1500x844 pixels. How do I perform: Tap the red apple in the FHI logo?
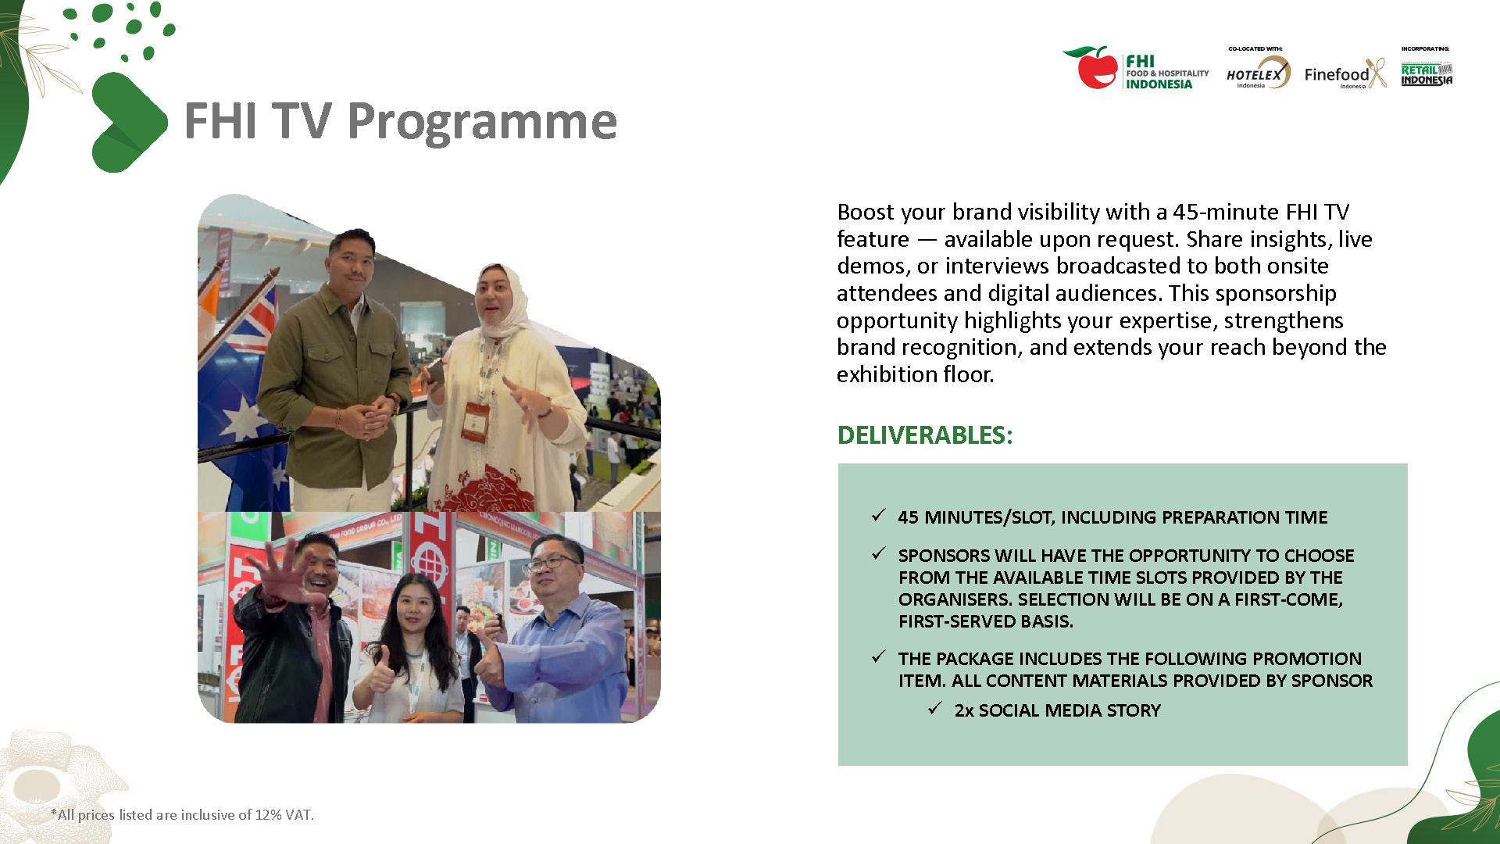click(x=1096, y=68)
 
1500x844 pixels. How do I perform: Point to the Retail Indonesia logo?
click(x=1427, y=74)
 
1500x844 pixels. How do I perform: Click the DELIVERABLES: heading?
click(x=924, y=435)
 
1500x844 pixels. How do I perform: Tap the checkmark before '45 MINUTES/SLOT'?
click(x=879, y=516)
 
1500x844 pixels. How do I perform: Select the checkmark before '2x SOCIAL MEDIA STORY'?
click(x=935, y=709)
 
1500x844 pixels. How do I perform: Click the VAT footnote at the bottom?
click(x=182, y=814)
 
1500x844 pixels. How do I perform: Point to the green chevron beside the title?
click(x=129, y=122)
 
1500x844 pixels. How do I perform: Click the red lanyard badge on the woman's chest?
click(x=474, y=423)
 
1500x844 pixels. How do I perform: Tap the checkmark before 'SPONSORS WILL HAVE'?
click(x=879, y=554)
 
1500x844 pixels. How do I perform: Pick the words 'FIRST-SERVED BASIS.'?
click(x=986, y=621)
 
